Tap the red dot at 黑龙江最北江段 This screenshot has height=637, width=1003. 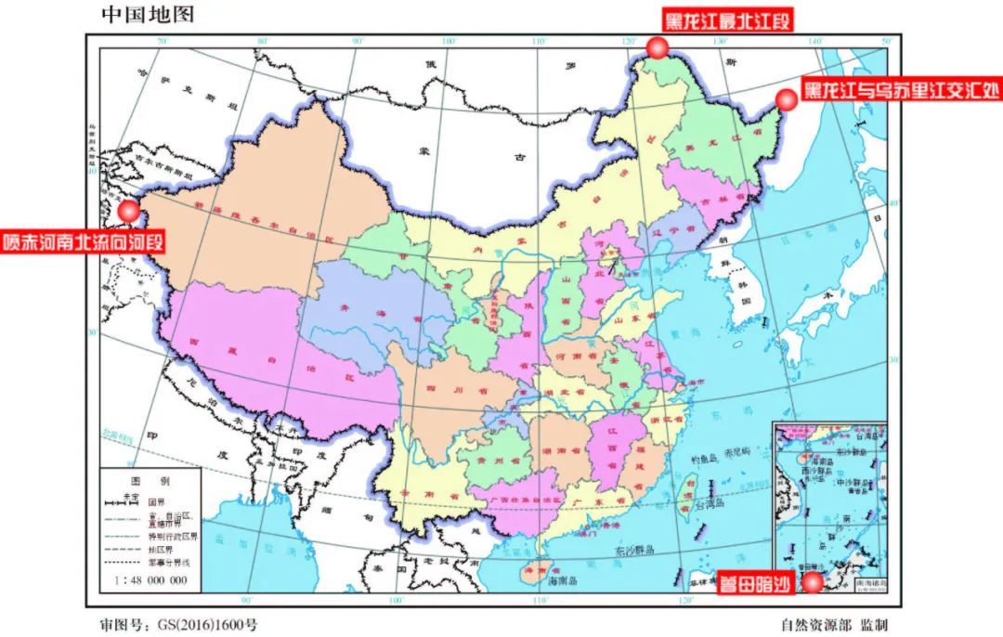[658, 48]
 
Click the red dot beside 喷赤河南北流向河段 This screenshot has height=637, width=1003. [129, 211]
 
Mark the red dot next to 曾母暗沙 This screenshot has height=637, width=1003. [813, 582]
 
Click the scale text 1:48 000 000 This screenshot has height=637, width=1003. [149, 580]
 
